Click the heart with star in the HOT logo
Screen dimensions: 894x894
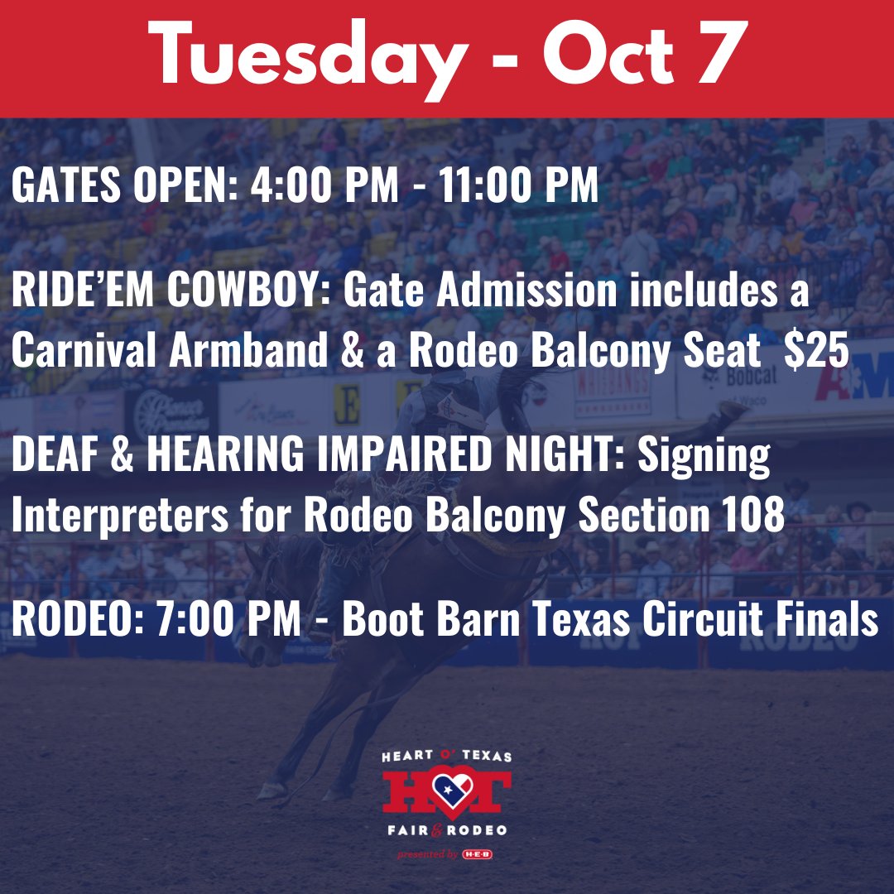447,791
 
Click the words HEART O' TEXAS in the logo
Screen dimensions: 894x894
447,757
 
